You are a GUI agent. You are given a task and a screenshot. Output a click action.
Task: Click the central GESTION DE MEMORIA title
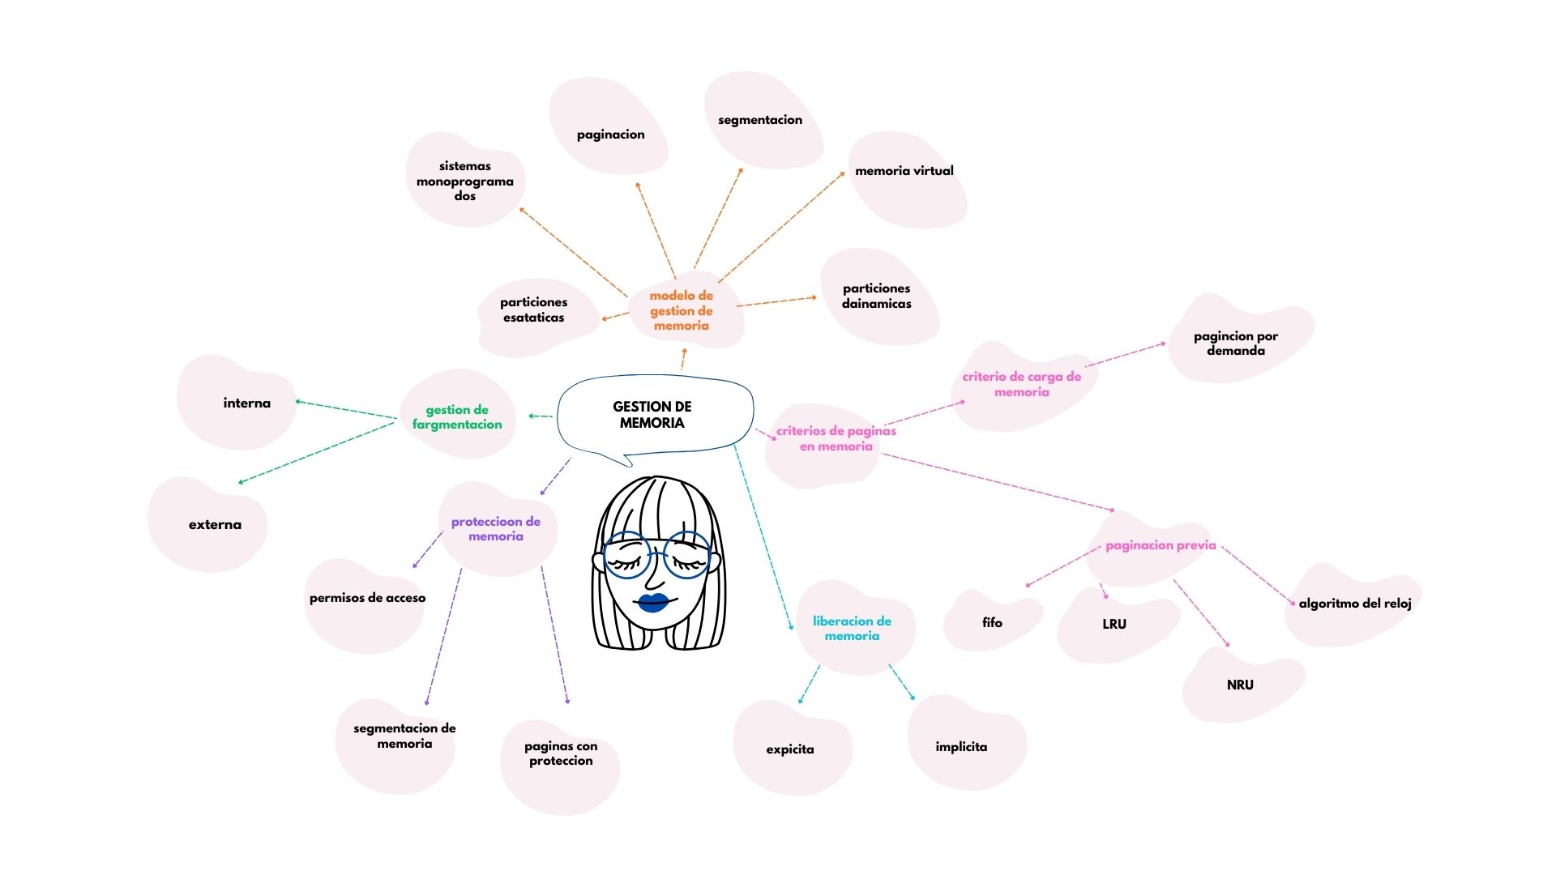[x=652, y=415]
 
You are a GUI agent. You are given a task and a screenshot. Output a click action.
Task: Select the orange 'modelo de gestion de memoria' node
[x=682, y=311]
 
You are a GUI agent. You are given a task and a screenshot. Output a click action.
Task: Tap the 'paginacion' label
[x=611, y=134]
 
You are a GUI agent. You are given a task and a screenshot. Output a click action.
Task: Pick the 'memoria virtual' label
[x=904, y=171]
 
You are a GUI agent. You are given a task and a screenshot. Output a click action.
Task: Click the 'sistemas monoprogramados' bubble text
[x=465, y=181]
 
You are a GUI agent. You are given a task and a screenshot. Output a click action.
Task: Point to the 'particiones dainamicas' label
[x=876, y=296]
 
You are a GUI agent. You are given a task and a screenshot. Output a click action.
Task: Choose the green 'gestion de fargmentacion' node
[x=457, y=417]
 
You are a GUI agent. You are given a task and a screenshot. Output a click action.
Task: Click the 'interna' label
[x=247, y=403]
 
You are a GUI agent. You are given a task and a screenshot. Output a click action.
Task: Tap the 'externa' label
[x=215, y=525]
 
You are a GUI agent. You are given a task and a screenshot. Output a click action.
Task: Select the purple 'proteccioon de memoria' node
[x=496, y=529]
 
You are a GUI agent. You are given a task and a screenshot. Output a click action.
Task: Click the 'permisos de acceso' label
[x=367, y=598]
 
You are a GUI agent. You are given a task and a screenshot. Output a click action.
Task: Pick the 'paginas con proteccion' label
[x=561, y=753]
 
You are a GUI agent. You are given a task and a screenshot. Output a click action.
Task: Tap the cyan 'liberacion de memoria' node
[x=852, y=629]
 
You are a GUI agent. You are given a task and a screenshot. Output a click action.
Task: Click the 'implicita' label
[x=961, y=747]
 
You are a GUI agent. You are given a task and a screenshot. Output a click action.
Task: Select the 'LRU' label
[x=1114, y=624]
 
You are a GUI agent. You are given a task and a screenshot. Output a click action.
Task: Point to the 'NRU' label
[x=1240, y=685]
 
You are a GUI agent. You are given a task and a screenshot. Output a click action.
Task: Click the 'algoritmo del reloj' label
[x=1355, y=604]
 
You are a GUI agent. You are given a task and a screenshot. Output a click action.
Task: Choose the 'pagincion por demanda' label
[x=1236, y=344]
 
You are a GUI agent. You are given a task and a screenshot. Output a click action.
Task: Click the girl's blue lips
[x=653, y=603]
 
